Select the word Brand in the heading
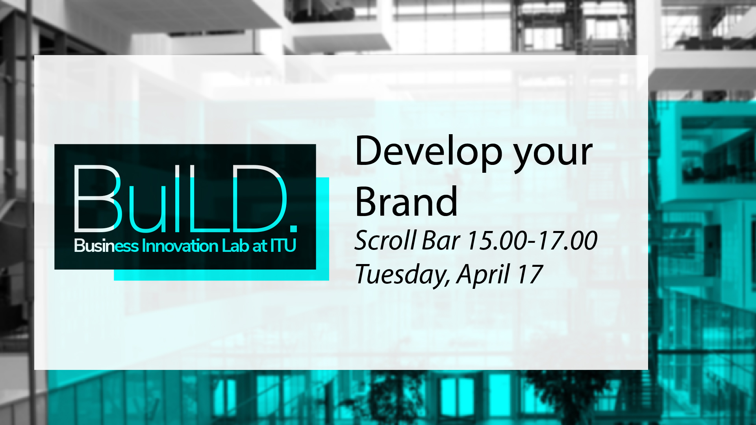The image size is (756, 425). (x=406, y=201)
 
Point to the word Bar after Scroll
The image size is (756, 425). (x=441, y=240)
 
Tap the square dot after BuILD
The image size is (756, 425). (x=293, y=228)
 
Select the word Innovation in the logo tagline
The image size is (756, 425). (x=180, y=246)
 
